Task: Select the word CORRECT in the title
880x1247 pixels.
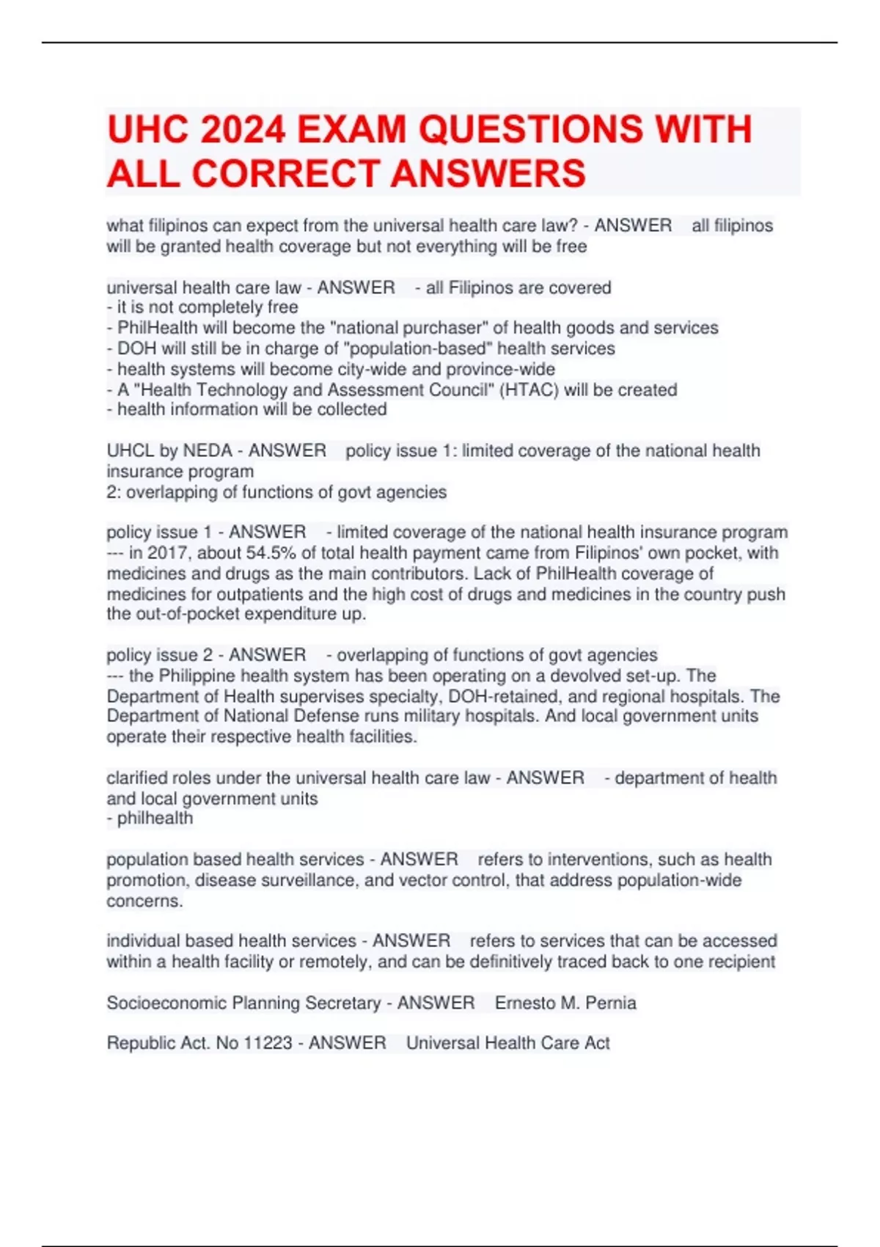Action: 285,175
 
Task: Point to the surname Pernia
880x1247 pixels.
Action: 611,1003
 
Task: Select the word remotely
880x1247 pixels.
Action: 329,962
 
